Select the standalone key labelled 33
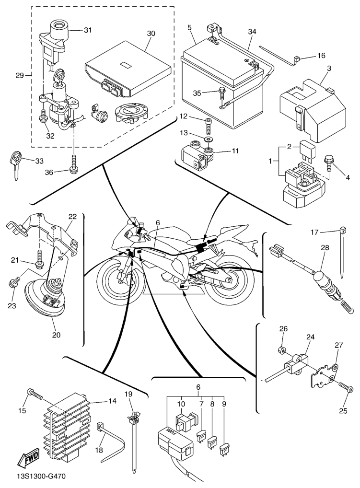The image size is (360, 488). (x=17, y=163)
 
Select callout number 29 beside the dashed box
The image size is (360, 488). (x=19, y=75)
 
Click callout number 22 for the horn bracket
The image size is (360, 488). (x=71, y=216)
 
